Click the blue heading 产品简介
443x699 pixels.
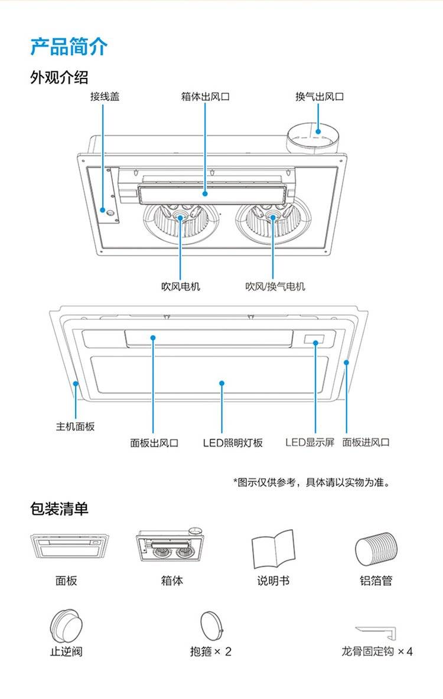click(x=69, y=47)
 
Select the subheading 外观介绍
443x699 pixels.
click(x=59, y=77)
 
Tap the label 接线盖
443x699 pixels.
click(x=105, y=96)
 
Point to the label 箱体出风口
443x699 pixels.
click(x=206, y=96)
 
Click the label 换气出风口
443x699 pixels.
click(x=320, y=96)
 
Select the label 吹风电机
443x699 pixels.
click(x=181, y=286)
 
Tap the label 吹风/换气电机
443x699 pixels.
click(x=275, y=286)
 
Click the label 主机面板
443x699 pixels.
click(x=75, y=426)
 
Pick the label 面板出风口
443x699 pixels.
click(x=155, y=442)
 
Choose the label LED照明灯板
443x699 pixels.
click(x=233, y=442)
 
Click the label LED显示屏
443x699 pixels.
click(x=310, y=442)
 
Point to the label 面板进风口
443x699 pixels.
click(x=366, y=442)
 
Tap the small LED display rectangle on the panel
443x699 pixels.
click(x=314, y=339)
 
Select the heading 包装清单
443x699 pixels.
click(x=60, y=508)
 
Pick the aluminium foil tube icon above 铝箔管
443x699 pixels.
click(x=376, y=549)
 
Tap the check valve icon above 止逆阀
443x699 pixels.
click(x=66, y=627)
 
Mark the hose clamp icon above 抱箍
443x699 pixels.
click(x=211, y=626)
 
